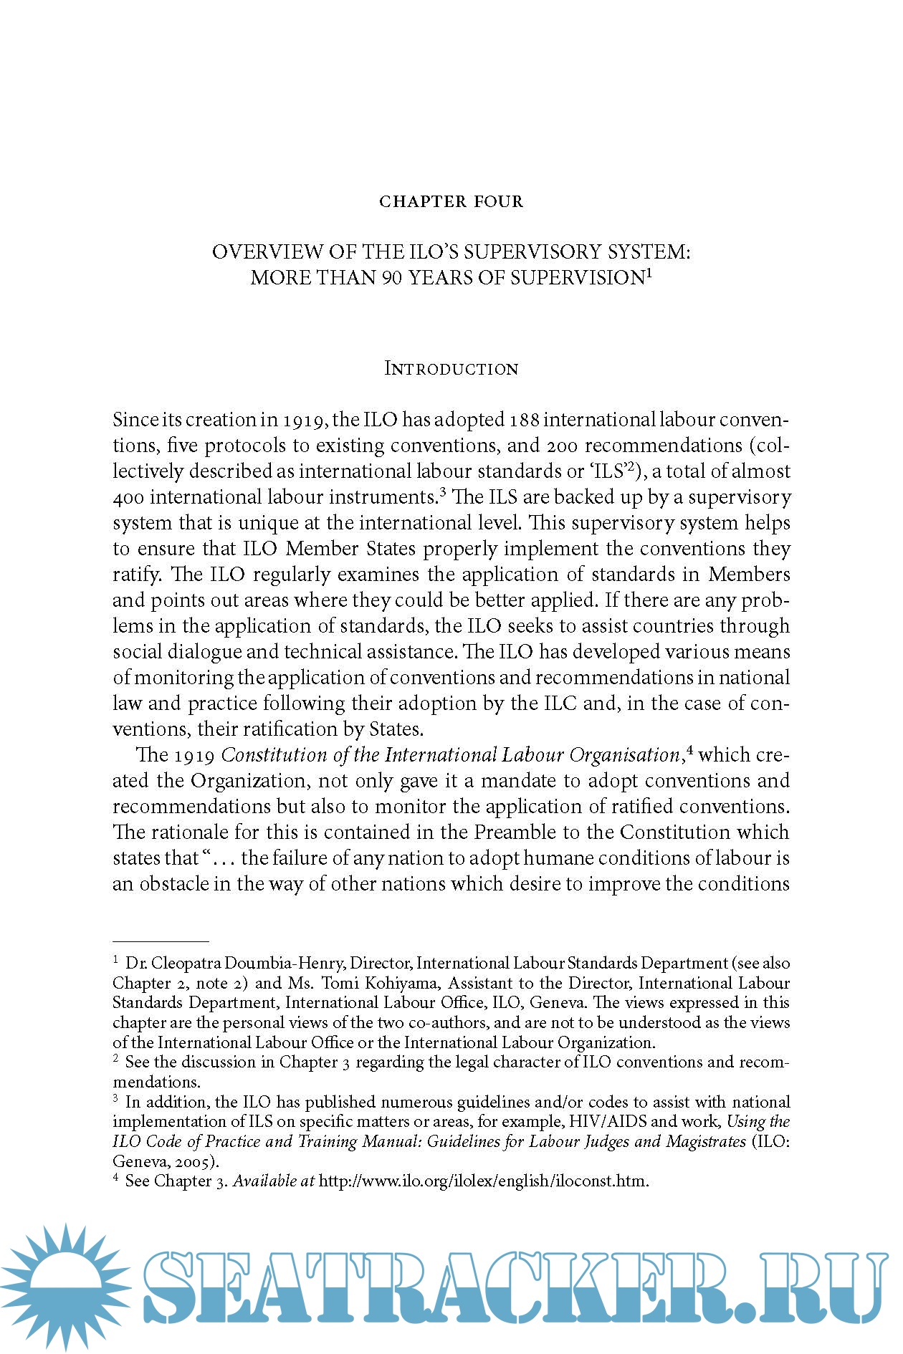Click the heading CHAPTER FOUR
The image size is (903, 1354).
(451, 202)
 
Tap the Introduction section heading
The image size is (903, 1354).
(451, 369)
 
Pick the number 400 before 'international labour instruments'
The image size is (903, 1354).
(128, 496)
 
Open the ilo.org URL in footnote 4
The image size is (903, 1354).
(484, 1181)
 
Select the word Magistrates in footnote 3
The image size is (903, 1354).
(706, 1141)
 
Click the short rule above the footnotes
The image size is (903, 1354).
(161, 941)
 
